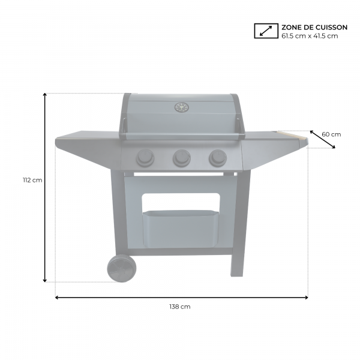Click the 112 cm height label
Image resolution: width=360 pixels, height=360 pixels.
point(32,180)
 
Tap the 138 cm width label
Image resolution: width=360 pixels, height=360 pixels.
point(180,307)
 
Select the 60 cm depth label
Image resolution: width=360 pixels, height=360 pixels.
point(331,134)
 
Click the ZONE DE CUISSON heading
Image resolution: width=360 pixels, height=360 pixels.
point(314,28)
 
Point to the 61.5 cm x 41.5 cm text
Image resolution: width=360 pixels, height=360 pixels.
point(310,36)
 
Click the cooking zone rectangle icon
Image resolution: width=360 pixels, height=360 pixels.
point(266,31)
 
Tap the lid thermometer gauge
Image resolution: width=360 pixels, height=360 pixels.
point(181,107)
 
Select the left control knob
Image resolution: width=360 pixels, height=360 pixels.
point(145,158)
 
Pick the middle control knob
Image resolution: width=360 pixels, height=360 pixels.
point(182,158)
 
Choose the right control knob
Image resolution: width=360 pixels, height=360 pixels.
point(218,157)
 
